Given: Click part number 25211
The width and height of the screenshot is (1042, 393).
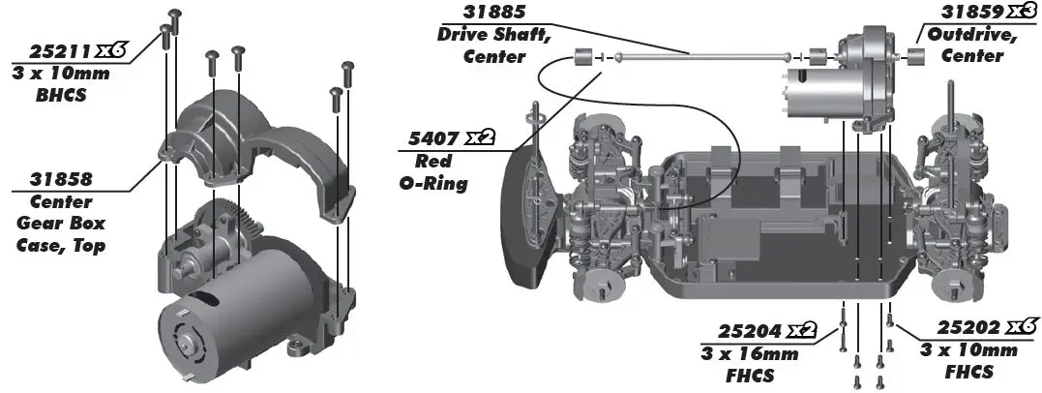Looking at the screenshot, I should tap(57, 50).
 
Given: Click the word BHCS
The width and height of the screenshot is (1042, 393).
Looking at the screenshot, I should tap(61, 94).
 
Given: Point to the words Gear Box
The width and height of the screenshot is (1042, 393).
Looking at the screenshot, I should tap(61, 224).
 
